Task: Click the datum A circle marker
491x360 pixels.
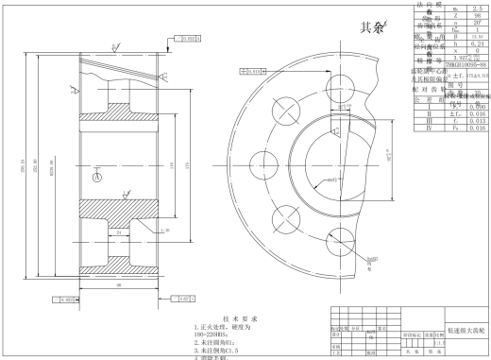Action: pyautogui.click(x=96, y=177)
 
